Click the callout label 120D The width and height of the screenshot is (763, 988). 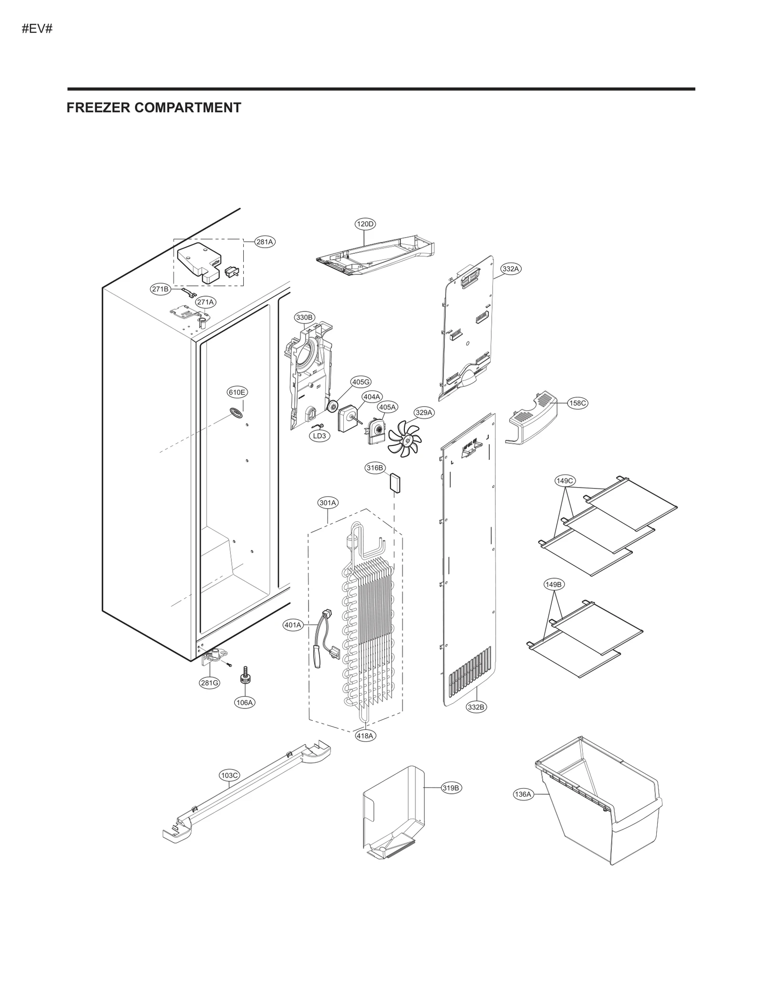point(365,224)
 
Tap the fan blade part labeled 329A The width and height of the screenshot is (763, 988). point(404,438)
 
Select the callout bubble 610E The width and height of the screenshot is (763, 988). point(237,392)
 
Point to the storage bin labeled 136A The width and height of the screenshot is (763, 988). point(601,806)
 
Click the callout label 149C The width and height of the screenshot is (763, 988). point(565,480)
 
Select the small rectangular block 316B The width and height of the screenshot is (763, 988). point(395,482)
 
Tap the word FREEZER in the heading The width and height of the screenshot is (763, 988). point(98,108)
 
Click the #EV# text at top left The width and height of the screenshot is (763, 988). point(37,29)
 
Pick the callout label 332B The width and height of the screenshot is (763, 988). point(476,720)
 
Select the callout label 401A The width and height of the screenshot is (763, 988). point(293,625)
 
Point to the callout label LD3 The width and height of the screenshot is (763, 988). point(320,436)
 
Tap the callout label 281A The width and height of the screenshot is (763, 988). point(265,242)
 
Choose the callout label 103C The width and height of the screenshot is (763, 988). point(229,775)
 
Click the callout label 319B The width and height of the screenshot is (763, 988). point(451,788)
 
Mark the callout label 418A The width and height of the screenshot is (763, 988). point(365,736)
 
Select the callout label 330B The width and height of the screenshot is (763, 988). point(304,317)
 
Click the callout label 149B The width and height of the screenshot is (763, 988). point(554,584)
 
